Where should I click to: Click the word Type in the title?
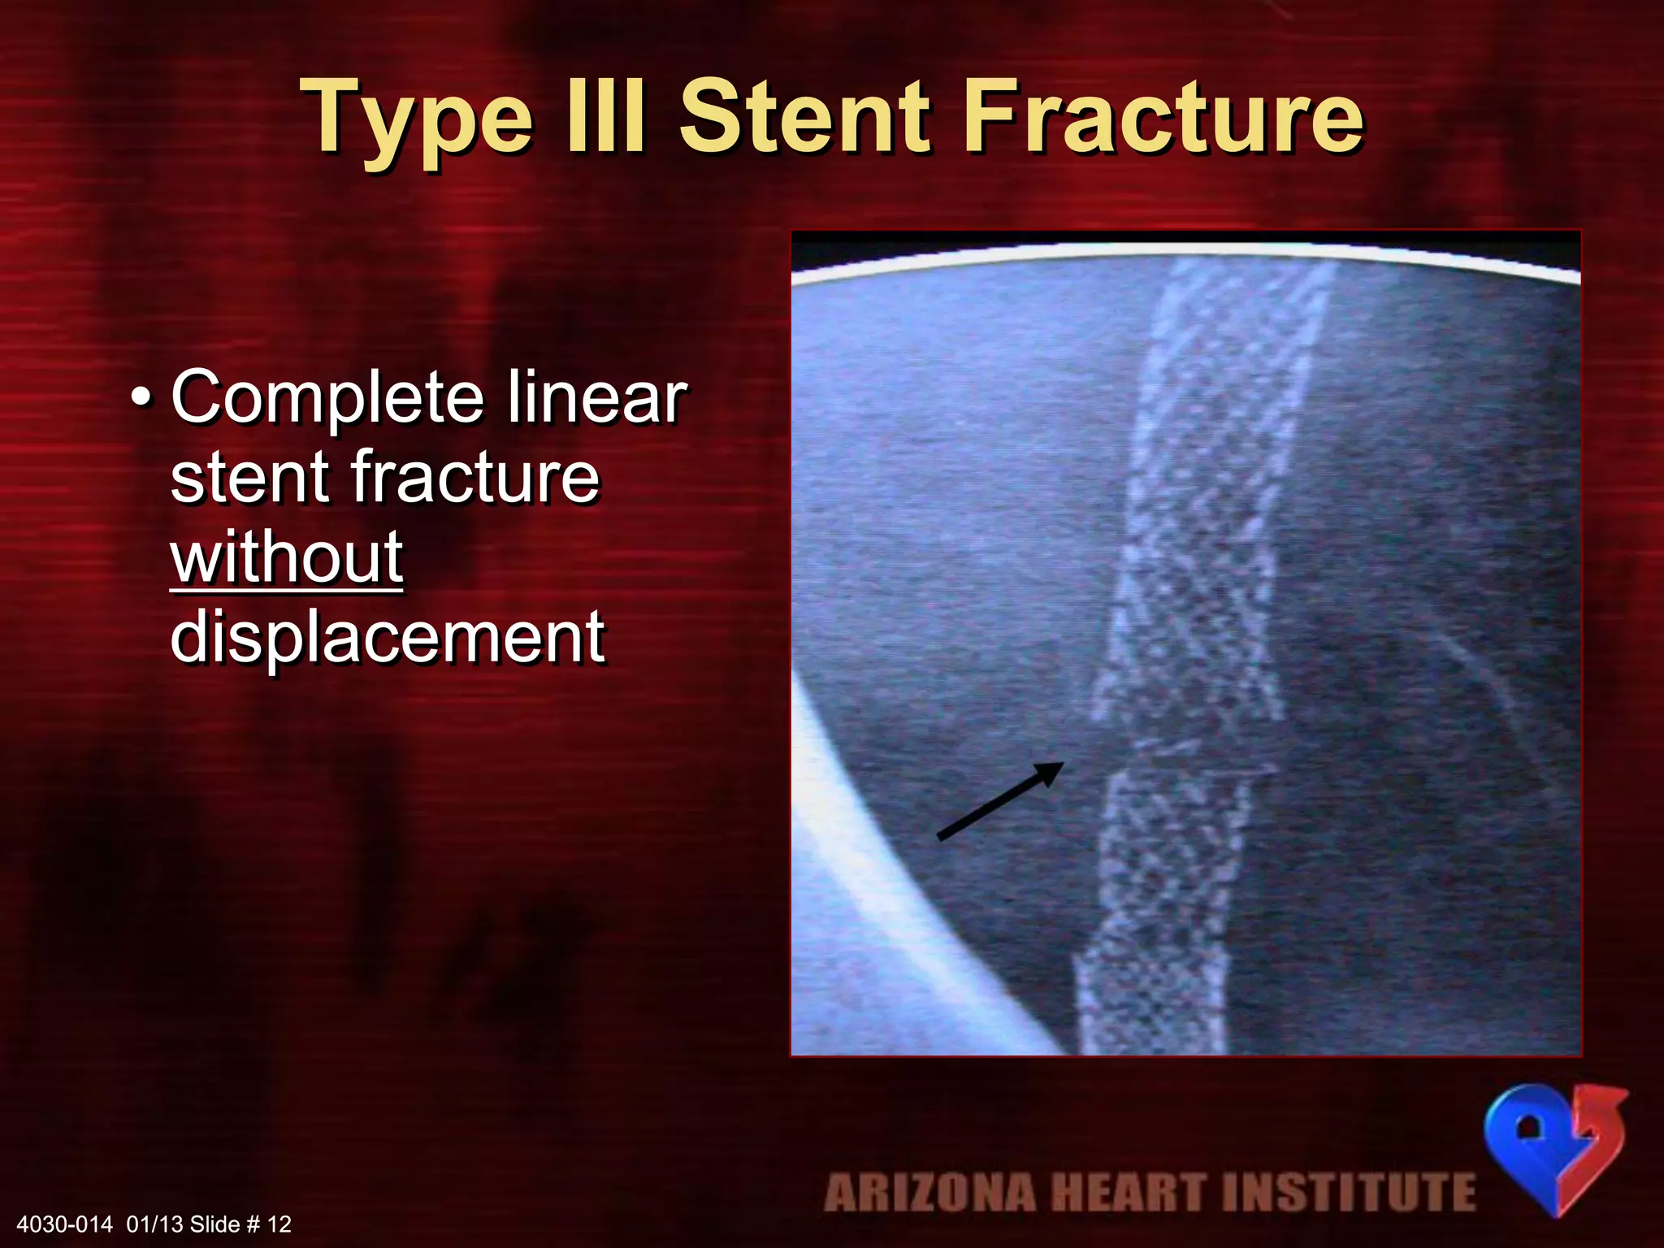pos(419,118)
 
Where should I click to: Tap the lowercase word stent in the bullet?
pos(248,477)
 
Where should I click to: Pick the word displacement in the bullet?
pos(387,637)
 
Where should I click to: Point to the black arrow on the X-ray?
pos(1000,800)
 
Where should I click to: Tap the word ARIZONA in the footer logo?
pos(929,1193)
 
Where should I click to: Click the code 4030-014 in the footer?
pos(64,1224)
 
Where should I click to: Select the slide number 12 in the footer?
pos(279,1224)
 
